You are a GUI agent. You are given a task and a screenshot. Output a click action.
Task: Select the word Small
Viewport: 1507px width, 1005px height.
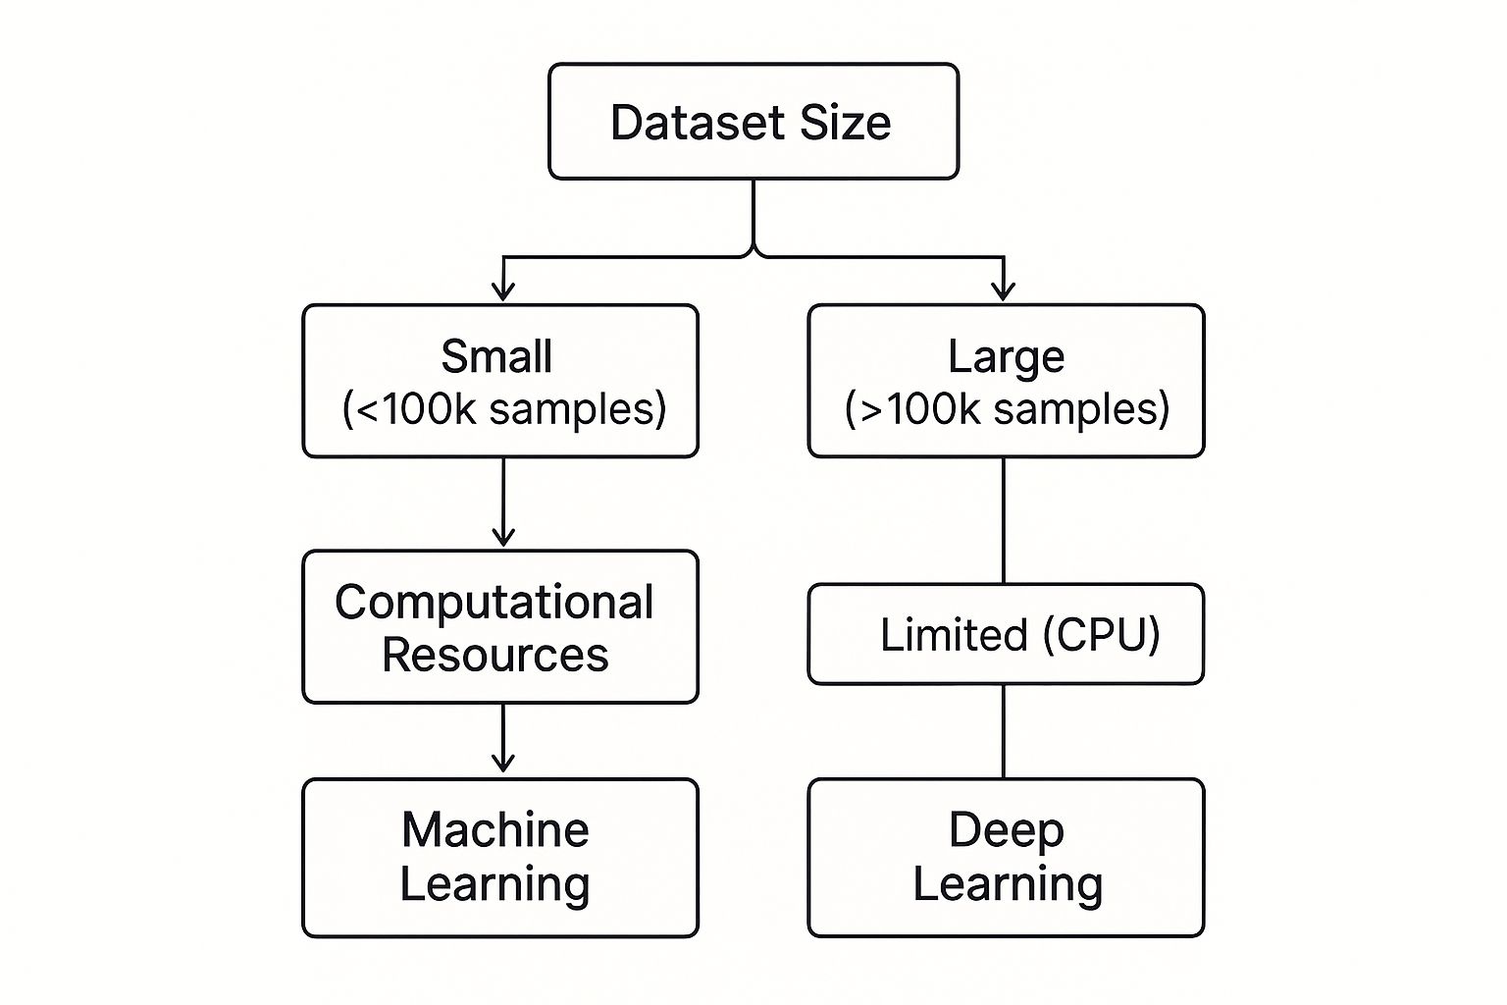pos(496,356)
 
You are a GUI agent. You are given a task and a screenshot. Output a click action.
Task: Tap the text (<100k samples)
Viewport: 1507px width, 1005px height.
pos(503,408)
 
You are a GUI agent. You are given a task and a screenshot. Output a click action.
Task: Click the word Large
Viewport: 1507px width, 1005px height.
pos(1006,356)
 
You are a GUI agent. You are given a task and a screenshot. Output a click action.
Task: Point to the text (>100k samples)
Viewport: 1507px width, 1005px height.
pos(1007,408)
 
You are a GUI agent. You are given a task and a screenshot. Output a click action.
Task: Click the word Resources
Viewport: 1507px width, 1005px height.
pos(495,655)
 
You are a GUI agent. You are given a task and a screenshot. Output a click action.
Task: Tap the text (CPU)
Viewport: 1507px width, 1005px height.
pos(1101,634)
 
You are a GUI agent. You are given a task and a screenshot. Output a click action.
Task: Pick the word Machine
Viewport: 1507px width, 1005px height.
pos(495,830)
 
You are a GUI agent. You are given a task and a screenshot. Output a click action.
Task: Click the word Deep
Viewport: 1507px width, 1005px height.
pos(1006,830)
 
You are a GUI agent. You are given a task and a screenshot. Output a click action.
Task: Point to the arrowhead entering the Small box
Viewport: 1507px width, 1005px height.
pos(503,291)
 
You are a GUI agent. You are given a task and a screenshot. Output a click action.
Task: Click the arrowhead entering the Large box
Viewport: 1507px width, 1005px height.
pos(1003,291)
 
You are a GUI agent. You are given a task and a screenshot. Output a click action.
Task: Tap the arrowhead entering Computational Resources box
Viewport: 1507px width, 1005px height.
pos(503,537)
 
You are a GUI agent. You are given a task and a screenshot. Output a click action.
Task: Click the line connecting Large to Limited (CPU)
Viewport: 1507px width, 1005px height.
pos(1003,520)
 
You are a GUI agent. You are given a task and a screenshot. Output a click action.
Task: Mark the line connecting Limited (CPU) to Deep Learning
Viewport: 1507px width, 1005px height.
pos(1003,731)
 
